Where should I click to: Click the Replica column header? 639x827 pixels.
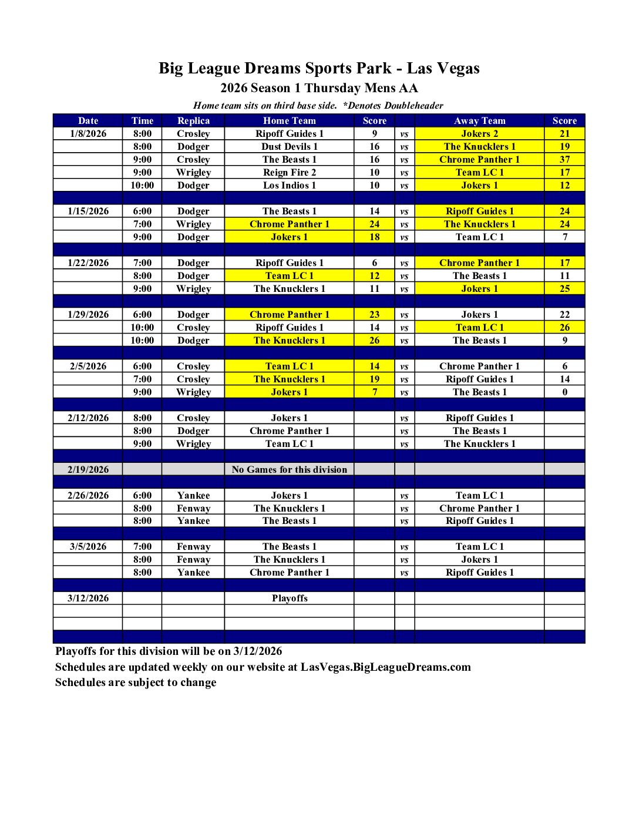click(193, 120)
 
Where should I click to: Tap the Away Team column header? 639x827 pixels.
click(479, 120)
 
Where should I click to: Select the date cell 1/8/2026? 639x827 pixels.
click(88, 133)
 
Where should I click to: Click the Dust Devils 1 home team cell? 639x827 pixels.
click(289, 146)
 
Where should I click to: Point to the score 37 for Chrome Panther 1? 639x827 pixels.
click(564, 159)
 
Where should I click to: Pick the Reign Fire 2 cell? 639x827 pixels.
click(289, 172)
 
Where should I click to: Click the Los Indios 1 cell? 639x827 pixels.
click(289, 185)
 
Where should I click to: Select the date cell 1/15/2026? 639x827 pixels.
click(88, 211)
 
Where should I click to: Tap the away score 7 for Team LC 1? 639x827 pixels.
click(564, 237)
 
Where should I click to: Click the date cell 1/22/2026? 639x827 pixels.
click(88, 263)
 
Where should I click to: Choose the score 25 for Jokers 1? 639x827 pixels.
click(564, 288)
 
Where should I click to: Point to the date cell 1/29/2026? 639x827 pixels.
click(88, 314)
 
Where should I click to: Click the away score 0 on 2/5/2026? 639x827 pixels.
click(564, 392)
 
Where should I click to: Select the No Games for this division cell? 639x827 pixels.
click(289, 469)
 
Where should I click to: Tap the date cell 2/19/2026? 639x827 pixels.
click(88, 469)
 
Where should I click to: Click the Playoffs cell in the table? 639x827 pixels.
click(289, 598)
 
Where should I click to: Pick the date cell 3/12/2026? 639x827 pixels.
click(88, 598)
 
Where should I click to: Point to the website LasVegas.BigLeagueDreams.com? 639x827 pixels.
click(385, 667)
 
